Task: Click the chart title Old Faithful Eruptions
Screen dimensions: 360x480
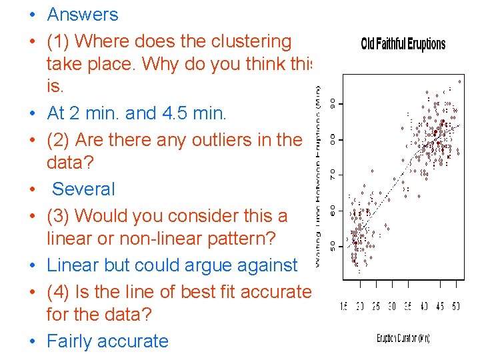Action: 403,45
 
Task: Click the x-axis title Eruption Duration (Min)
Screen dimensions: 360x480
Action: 403,338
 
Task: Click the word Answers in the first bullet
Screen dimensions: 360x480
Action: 83,15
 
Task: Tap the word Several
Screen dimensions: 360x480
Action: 83,189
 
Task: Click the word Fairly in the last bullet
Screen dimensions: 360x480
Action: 75,341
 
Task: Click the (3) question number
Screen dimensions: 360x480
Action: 59,216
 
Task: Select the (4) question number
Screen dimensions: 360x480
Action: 59,292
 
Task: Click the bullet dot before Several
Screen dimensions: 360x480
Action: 32,189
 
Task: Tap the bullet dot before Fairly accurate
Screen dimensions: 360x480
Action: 32,341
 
